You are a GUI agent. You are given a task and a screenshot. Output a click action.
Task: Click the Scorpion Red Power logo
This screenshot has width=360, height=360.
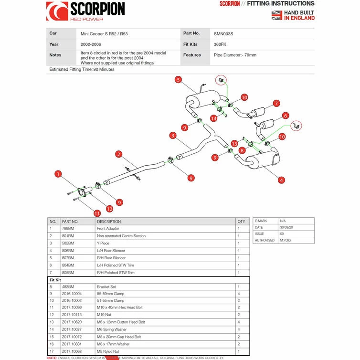pyautogui.click(x=85, y=11)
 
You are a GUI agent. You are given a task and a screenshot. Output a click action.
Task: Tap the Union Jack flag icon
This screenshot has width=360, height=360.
pyautogui.click(x=276, y=15)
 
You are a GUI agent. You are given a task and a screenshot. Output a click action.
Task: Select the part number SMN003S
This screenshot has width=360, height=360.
pyautogui.click(x=224, y=33)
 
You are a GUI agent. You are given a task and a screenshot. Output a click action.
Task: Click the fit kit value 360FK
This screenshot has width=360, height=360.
pyautogui.click(x=221, y=44)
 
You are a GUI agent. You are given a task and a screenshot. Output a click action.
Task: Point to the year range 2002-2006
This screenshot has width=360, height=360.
pyautogui.click(x=90, y=44)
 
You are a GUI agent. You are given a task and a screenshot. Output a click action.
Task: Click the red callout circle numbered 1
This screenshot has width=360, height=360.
pyautogui.click(x=58, y=174)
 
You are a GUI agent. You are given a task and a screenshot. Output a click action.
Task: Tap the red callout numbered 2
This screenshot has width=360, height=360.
pyautogui.click(x=119, y=154)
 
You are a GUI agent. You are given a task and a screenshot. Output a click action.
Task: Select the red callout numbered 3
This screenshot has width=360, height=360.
pyautogui.click(x=172, y=136)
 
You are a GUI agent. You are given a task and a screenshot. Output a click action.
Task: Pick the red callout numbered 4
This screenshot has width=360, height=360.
pyautogui.click(x=282, y=180)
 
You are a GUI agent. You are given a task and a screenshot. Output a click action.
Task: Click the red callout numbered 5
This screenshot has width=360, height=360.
pyautogui.click(x=178, y=80)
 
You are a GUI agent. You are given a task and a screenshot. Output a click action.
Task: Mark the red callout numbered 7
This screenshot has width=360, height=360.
pyautogui.click(x=276, y=103)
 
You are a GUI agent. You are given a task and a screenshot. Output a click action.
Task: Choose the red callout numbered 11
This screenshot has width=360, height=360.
pyautogui.click(x=97, y=213)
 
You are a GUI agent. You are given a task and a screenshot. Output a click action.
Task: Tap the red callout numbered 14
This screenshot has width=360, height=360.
pyautogui.click(x=213, y=118)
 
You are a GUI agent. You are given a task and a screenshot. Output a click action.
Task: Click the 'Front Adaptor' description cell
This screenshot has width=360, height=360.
pyautogui.click(x=108, y=229)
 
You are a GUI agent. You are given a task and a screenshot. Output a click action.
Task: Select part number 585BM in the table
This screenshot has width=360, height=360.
pyautogui.click(x=68, y=243)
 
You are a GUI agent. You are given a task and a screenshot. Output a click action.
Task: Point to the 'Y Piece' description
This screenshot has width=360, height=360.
pyautogui.click(x=103, y=243)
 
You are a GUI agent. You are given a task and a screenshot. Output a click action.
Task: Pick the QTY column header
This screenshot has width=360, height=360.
pyautogui.click(x=241, y=222)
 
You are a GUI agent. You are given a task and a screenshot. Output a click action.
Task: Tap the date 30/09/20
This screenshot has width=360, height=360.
pyautogui.click(x=287, y=227)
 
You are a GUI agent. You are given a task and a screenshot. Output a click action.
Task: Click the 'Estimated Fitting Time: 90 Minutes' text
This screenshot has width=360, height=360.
pyautogui.click(x=82, y=69)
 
